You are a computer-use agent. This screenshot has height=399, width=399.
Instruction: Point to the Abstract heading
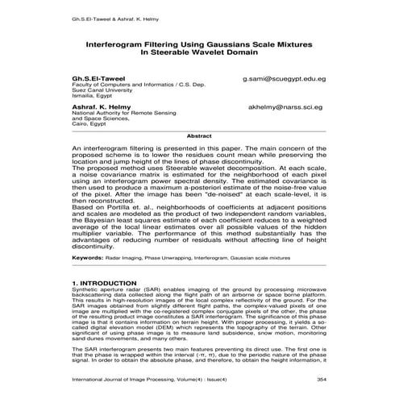tap(199, 136)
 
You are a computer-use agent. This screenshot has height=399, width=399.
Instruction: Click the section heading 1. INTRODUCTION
tap(110, 284)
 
